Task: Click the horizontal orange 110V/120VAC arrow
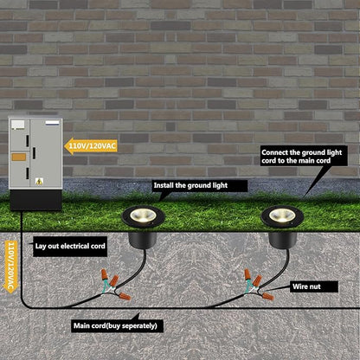(91, 146)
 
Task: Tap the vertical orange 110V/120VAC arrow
(10, 267)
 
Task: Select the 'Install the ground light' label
(200, 186)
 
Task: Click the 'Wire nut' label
(313, 286)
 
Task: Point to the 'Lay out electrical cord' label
(70, 247)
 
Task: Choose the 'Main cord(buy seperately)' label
(117, 326)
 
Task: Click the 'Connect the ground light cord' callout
(304, 156)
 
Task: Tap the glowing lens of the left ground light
(143, 215)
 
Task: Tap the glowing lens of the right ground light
(282, 215)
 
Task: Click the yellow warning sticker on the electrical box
(39, 182)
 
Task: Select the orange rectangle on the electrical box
(19, 157)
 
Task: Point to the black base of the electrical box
(35, 200)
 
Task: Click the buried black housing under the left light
(142, 241)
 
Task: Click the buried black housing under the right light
(282, 241)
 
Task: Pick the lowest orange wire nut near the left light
(125, 296)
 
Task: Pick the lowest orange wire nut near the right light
(267, 296)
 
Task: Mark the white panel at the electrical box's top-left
(18, 125)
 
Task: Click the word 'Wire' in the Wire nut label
(300, 286)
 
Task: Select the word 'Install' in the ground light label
(164, 185)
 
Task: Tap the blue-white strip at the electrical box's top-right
(53, 123)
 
